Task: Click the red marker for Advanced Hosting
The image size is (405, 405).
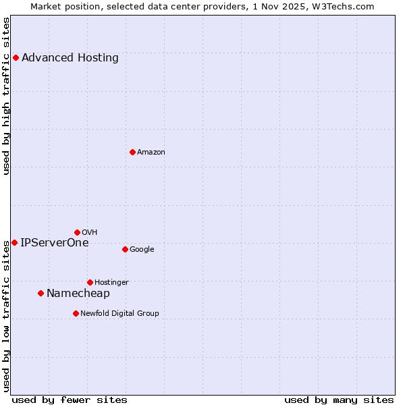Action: click(x=16, y=57)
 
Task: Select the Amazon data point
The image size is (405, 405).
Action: click(x=132, y=152)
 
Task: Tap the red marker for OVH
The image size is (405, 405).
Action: click(x=77, y=232)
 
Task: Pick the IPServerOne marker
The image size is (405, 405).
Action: click(x=14, y=242)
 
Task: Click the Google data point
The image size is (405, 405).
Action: click(x=125, y=249)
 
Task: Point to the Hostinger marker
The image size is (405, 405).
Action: click(x=90, y=282)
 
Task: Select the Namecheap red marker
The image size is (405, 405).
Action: click(x=40, y=293)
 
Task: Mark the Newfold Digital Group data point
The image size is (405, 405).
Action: click(x=76, y=313)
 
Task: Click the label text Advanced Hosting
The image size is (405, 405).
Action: click(x=70, y=57)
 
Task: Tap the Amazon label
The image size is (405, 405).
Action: click(x=151, y=152)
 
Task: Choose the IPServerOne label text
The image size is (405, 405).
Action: click(x=55, y=242)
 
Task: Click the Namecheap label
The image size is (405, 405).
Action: click(x=78, y=293)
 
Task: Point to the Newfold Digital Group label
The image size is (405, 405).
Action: click(x=120, y=313)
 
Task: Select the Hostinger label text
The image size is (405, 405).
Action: click(x=111, y=282)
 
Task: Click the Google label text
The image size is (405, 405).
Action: click(x=142, y=249)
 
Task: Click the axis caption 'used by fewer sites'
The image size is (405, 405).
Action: click(x=70, y=400)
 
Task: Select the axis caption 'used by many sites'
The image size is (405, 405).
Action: click(x=339, y=400)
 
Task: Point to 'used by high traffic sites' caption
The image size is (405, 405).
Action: click(x=6, y=96)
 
